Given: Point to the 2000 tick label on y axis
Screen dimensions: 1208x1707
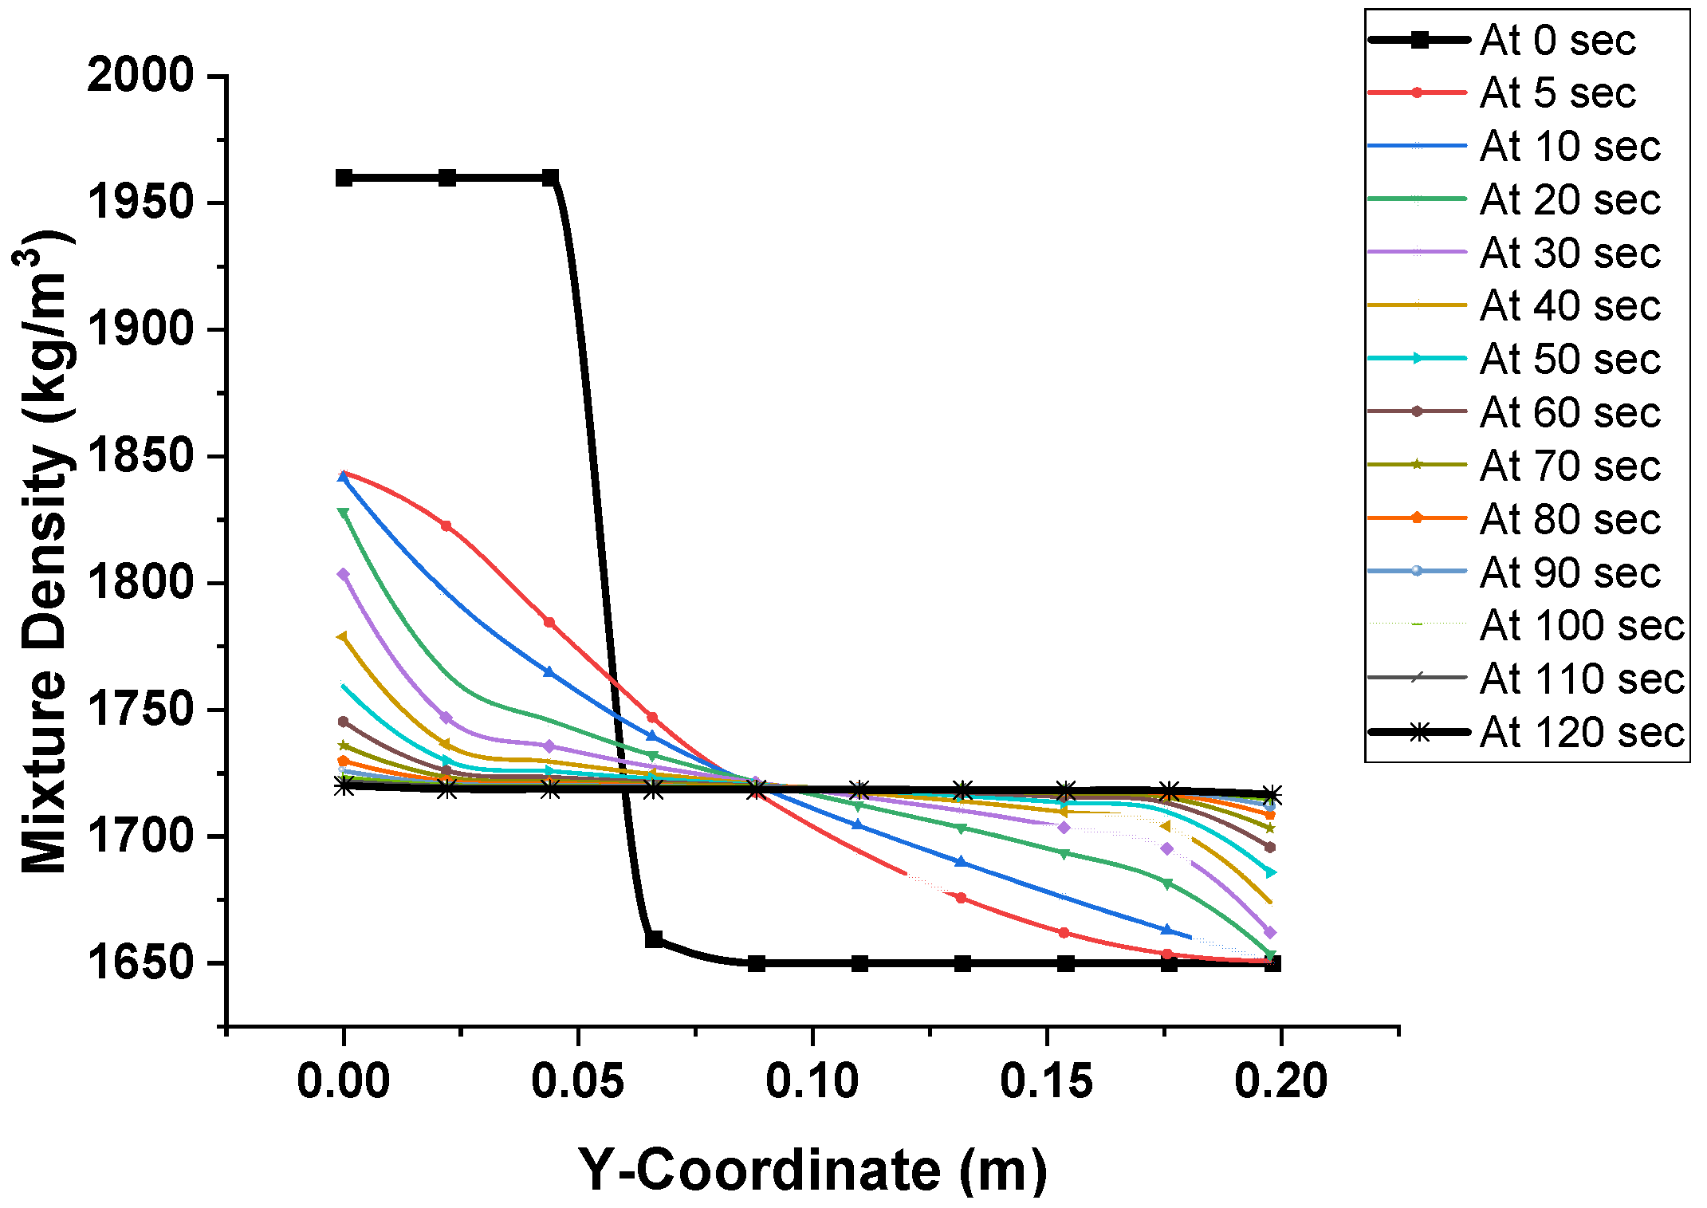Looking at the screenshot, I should click(140, 76).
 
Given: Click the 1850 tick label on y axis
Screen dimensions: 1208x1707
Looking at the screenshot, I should click(140, 456).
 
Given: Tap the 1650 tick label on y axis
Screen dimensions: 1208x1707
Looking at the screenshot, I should click(140, 963).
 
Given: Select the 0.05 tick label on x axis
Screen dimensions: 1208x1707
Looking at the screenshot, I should click(577, 1081).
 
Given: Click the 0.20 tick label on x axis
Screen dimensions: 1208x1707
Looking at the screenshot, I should click(1280, 1081).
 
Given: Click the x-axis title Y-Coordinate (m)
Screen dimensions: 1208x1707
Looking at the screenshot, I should click(812, 1170).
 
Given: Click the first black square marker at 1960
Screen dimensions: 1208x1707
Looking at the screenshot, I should click(344, 178).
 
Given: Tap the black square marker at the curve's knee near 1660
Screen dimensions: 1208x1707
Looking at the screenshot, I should click(654, 939).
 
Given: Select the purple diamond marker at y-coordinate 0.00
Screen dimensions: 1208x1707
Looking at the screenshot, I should click(344, 574).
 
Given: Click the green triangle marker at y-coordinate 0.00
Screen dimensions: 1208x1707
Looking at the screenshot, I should click(344, 513).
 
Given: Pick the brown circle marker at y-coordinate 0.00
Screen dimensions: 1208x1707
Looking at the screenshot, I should click(344, 722).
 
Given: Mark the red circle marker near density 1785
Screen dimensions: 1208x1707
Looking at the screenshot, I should click(549, 622).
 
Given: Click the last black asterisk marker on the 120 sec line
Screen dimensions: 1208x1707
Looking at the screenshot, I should click(1272, 795).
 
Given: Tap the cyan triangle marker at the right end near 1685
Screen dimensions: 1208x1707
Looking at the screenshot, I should click(1271, 873).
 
